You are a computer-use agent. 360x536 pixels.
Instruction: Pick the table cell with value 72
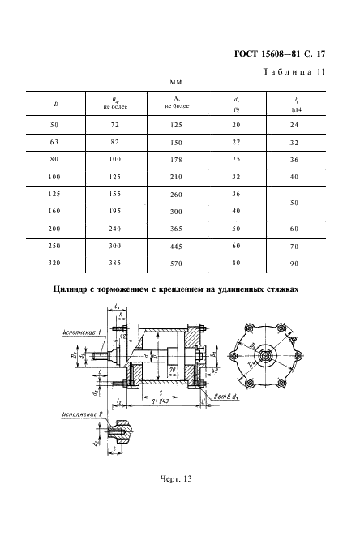pyautogui.click(x=115, y=125)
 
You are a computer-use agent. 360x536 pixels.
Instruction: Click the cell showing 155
pyautogui.click(x=115, y=195)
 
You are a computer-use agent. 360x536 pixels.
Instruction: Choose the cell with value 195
pyautogui.click(x=115, y=212)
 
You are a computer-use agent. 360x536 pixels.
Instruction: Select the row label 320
pyautogui.click(x=55, y=264)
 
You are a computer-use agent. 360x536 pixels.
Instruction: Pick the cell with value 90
pyautogui.click(x=294, y=264)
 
